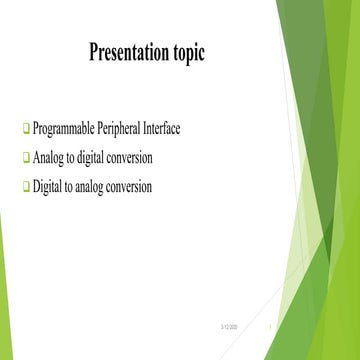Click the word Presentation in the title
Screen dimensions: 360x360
pos(132,52)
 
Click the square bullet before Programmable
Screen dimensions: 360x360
pos(26,130)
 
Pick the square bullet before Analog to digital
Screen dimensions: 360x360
pos(26,158)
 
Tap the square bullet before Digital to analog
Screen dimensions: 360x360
pos(26,186)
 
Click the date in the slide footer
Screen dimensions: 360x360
pos(228,328)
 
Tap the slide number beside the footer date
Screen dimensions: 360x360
pos(272,328)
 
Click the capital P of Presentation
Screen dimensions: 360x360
pos(95,52)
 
